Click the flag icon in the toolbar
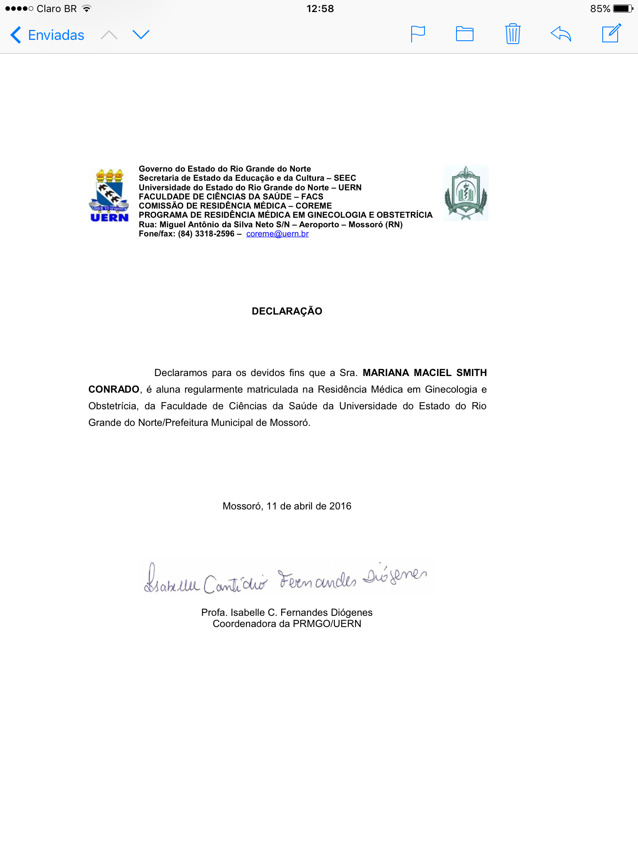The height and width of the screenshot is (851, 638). pyautogui.click(x=417, y=34)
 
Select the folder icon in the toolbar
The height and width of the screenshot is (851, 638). pyautogui.click(x=464, y=34)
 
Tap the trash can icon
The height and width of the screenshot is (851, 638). pyautogui.click(x=513, y=34)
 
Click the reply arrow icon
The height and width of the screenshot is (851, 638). pyautogui.click(x=561, y=34)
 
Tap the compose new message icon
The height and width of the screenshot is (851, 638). pyautogui.click(x=611, y=34)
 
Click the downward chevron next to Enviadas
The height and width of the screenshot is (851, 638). pyautogui.click(x=141, y=35)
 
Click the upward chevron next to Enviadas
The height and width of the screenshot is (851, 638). pyautogui.click(x=109, y=35)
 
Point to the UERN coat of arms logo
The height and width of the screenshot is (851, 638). pyautogui.click(x=109, y=195)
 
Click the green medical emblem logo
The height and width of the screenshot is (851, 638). pyautogui.click(x=466, y=193)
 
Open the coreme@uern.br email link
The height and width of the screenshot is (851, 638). pyautogui.click(x=277, y=234)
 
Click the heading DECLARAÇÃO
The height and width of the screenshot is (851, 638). pyautogui.click(x=287, y=311)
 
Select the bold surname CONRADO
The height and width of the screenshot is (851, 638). pyautogui.click(x=114, y=389)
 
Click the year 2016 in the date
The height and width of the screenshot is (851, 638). pyautogui.click(x=340, y=506)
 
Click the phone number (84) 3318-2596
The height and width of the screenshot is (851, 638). pyautogui.click(x=206, y=234)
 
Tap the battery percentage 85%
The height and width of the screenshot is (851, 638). pyautogui.click(x=600, y=9)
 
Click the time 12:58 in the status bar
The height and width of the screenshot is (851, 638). pyautogui.click(x=320, y=9)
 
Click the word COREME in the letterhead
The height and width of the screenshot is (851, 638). pyautogui.click(x=314, y=206)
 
